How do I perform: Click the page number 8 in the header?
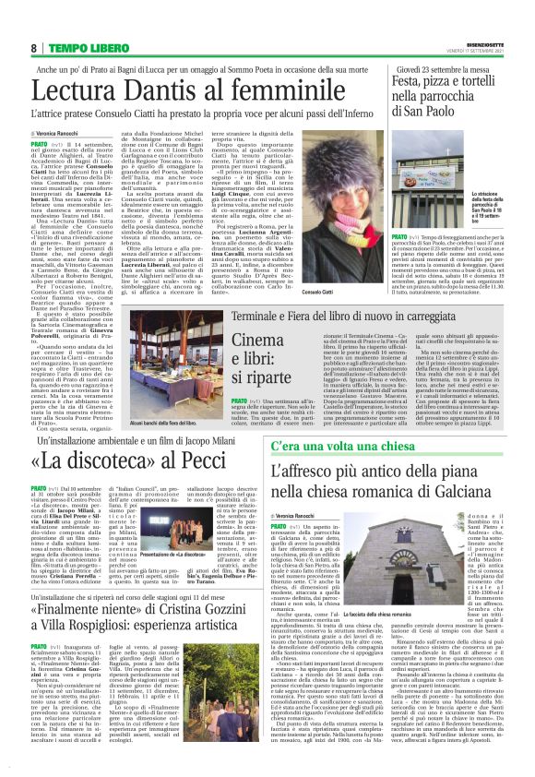tap(33, 48)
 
